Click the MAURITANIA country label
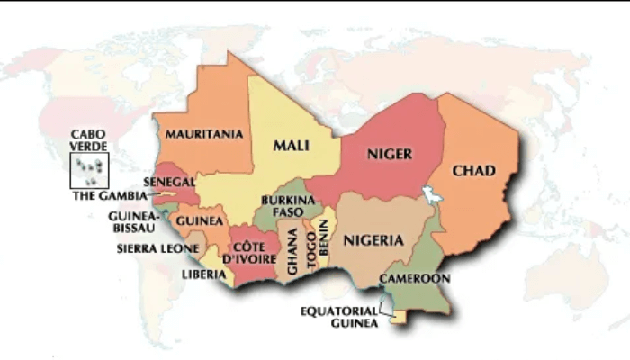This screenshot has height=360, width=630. (204, 134)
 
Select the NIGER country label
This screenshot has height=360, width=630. (389, 154)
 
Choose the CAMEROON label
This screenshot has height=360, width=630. (414, 278)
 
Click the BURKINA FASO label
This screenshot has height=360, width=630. (287, 206)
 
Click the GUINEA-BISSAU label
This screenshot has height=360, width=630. (133, 222)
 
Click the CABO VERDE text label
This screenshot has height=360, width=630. (90, 140)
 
